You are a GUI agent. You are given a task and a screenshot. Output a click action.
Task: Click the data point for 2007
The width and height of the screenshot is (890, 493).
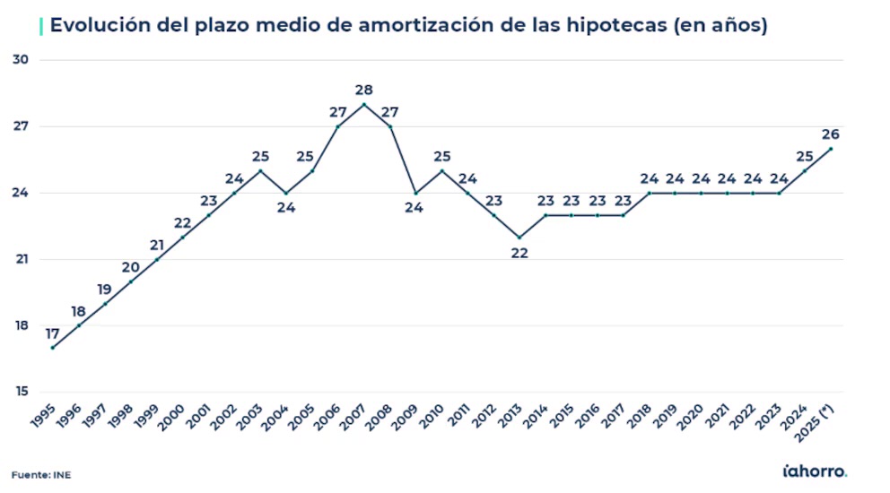point(363,104)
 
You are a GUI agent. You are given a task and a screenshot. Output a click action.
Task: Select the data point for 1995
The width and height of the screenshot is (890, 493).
point(52,348)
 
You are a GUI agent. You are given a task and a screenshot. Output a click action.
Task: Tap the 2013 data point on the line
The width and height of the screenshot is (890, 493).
point(519,238)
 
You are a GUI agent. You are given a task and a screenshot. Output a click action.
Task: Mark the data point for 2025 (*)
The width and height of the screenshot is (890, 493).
point(831,149)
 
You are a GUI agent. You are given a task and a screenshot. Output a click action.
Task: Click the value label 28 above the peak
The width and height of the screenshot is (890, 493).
point(363,90)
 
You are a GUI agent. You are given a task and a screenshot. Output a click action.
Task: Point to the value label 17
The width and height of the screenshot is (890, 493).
point(52,333)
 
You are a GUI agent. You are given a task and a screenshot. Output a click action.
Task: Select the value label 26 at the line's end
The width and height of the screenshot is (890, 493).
point(831,134)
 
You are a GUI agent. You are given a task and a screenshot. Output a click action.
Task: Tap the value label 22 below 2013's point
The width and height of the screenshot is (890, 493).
point(519,253)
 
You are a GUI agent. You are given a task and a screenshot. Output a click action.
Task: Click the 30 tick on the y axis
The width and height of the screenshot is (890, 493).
point(22,60)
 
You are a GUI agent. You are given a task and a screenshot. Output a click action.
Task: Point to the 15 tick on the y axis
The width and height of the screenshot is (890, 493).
point(22,392)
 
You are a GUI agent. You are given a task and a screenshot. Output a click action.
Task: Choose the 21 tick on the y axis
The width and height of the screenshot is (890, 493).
point(22,259)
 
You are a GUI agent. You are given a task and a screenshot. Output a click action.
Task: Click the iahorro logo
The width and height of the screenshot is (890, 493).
point(815,471)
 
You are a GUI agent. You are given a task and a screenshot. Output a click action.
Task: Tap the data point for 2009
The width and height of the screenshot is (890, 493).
point(415,193)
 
